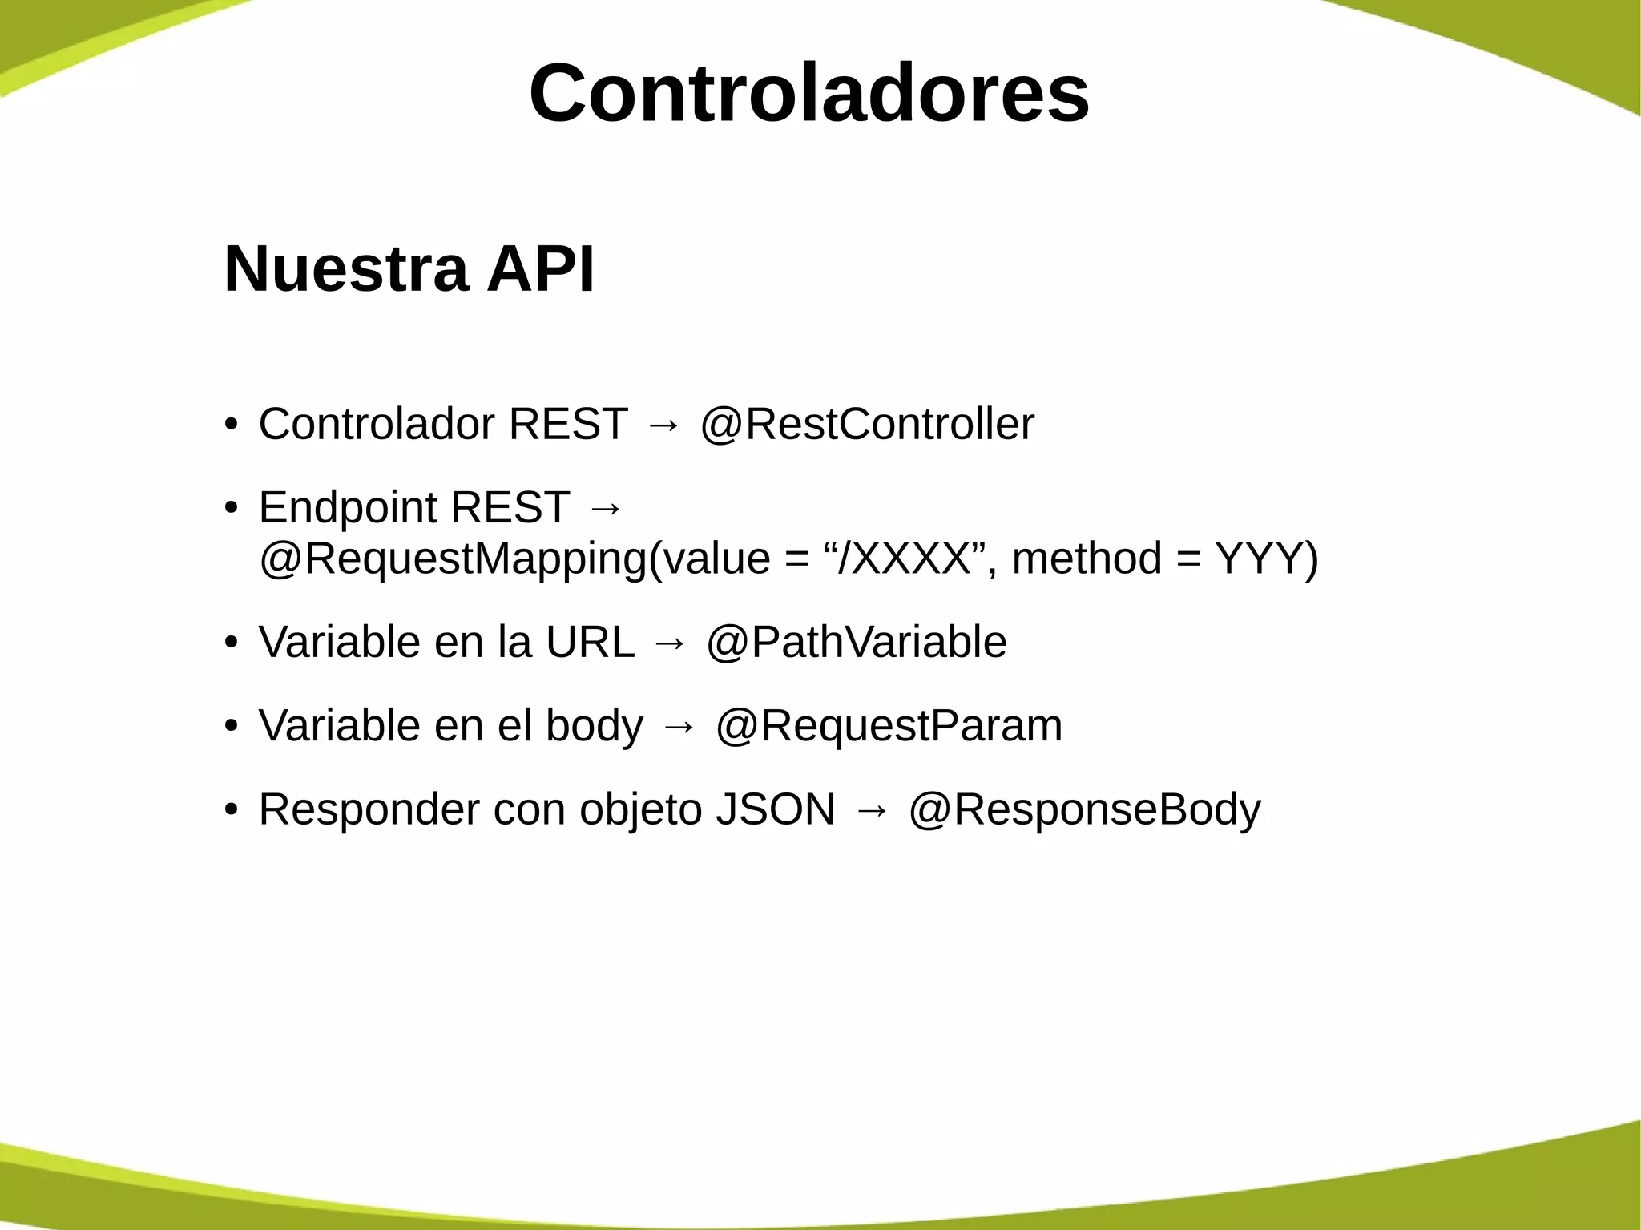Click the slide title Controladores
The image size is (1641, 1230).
809,94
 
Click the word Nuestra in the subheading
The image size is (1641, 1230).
345,269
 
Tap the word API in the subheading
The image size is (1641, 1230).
541,269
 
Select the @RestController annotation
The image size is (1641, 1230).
867,424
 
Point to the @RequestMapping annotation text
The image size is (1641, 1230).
453,559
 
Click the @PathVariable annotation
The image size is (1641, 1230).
856,642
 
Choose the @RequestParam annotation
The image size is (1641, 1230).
889,725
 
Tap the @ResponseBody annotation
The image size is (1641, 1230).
1084,809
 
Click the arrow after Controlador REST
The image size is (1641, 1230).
663,425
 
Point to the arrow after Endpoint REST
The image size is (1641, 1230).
605,509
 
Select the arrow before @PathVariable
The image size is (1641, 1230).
670,643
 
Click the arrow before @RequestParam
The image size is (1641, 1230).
679,727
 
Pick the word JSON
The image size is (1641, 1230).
775,809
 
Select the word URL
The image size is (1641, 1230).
590,642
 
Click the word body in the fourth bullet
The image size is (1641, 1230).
594,725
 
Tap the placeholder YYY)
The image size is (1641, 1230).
1266,559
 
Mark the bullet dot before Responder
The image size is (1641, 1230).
232,809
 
